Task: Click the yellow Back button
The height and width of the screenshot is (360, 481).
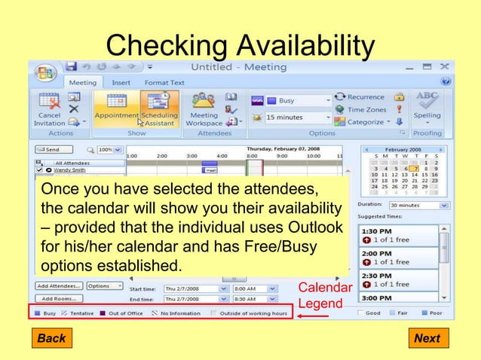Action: click(x=51, y=338)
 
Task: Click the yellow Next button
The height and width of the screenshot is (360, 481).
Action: click(x=427, y=338)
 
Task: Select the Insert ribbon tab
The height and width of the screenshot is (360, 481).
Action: click(x=121, y=83)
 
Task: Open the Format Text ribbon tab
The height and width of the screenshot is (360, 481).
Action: click(x=164, y=83)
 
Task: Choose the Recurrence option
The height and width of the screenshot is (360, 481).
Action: click(x=360, y=97)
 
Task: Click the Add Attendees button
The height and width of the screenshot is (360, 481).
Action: click(x=59, y=286)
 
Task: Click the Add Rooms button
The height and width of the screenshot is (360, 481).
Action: click(x=57, y=298)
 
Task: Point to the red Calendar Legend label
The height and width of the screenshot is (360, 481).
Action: click(x=324, y=296)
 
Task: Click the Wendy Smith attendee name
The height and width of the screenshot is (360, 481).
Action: click(x=69, y=170)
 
